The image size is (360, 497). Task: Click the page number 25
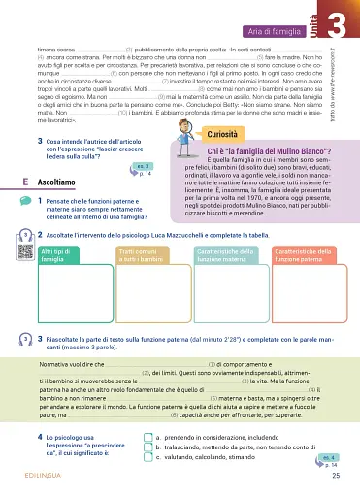click(335, 476)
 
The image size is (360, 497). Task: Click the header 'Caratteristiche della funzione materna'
click(223, 229)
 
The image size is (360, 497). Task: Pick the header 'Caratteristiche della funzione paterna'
click(298, 229)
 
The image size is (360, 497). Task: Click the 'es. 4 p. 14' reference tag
click(328, 458)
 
